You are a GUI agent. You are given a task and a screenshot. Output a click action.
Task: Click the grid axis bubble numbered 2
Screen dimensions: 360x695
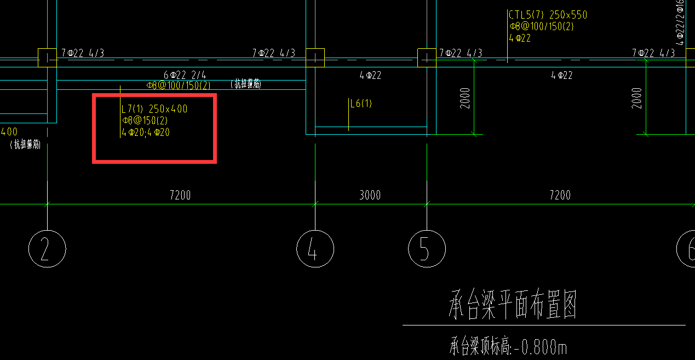(x=47, y=249)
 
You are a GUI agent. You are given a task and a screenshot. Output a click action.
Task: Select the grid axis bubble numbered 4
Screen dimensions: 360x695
(x=315, y=249)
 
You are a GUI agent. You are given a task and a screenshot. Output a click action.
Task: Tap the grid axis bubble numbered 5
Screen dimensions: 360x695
(x=427, y=249)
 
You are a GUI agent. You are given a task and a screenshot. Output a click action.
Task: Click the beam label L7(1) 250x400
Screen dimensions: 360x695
(x=154, y=109)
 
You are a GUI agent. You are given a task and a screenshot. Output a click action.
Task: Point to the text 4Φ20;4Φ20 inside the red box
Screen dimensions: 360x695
(x=146, y=132)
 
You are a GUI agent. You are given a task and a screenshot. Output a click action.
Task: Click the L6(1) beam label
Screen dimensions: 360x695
(x=361, y=104)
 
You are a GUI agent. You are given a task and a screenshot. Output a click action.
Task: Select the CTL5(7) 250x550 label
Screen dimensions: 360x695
(x=548, y=15)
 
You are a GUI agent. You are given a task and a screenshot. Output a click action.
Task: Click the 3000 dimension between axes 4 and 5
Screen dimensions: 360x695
(x=370, y=195)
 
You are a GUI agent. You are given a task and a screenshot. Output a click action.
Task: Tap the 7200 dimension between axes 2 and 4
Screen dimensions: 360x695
(x=180, y=195)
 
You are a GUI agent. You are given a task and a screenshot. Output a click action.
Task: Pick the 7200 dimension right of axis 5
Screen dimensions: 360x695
(x=560, y=195)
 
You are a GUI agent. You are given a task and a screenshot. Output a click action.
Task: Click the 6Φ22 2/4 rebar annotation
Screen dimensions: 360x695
(x=185, y=75)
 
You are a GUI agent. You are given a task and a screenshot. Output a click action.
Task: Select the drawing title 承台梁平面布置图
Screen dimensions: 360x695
(x=513, y=306)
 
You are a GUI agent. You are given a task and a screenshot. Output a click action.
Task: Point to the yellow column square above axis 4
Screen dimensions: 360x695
(x=315, y=58)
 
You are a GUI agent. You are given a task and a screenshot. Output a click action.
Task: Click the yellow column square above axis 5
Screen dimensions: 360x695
(x=427, y=58)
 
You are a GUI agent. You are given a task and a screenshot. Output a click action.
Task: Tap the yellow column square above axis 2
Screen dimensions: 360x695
(x=47, y=58)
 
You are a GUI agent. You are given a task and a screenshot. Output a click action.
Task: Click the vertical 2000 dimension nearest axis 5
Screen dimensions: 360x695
(x=466, y=98)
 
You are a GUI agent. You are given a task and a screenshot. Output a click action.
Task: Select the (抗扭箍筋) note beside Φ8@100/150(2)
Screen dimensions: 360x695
(x=246, y=84)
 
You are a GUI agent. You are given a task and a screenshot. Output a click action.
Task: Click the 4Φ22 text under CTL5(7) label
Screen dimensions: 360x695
(x=520, y=38)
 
